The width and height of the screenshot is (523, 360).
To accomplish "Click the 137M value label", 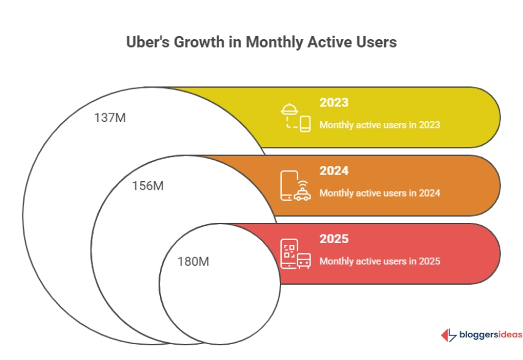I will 110,118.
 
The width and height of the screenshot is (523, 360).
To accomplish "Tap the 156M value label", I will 148,186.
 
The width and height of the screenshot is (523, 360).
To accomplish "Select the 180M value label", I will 193,261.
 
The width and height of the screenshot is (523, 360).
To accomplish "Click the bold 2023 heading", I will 334,103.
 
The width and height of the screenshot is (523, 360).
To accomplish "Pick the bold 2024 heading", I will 334,171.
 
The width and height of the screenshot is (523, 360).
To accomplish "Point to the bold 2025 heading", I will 334,239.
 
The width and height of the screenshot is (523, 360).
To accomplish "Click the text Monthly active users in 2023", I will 380,124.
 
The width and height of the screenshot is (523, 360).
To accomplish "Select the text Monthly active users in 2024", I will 380,193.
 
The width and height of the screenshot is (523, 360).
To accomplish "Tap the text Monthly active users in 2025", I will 380,261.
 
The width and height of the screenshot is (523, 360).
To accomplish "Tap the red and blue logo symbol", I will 448,335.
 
